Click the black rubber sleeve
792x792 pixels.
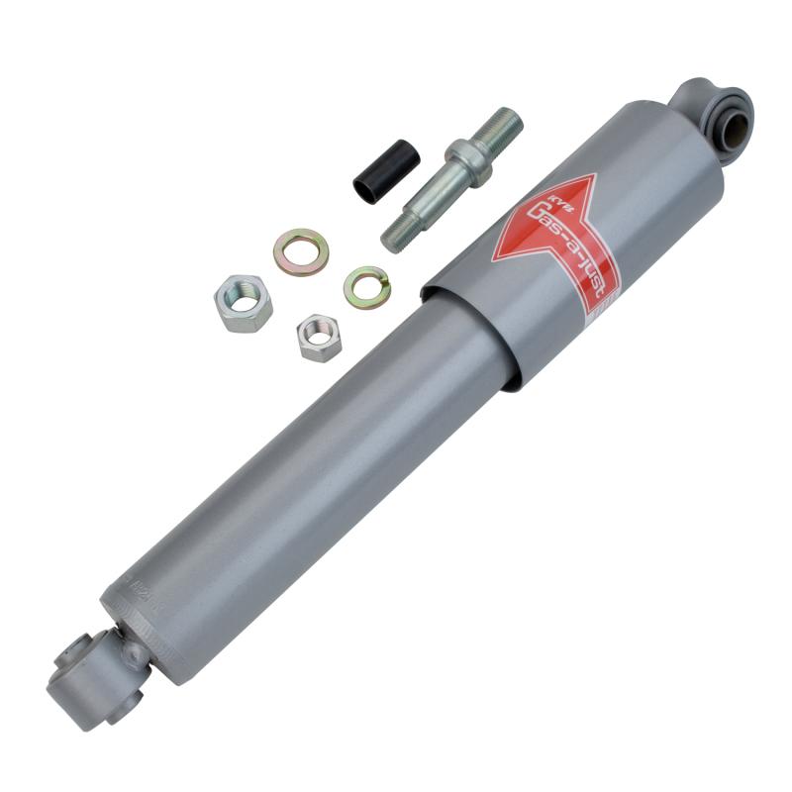(x=387, y=171)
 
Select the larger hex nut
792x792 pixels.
(x=243, y=303)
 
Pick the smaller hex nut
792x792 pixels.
(x=319, y=337)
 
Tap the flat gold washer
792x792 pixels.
(x=301, y=251)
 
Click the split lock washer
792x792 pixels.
(x=366, y=286)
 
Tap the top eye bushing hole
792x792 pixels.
(x=734, y=125)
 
